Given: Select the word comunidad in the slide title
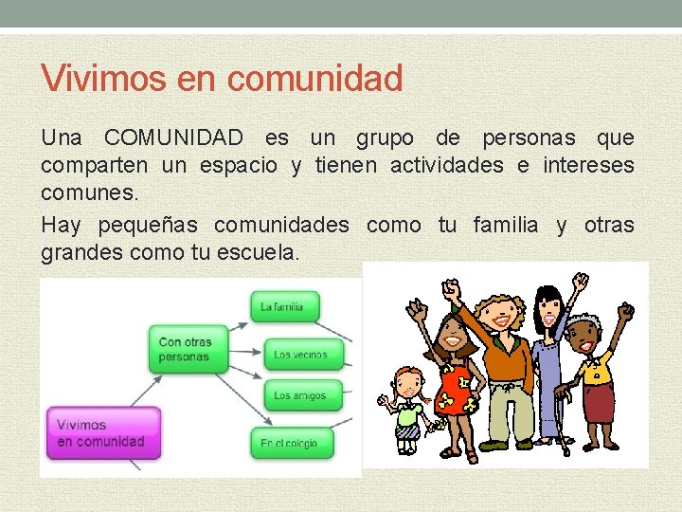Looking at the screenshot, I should [315, 78].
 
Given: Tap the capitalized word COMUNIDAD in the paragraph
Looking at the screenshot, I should [173, 138].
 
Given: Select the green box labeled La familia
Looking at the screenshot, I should [284, 306].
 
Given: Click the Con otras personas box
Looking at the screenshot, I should [186, 349].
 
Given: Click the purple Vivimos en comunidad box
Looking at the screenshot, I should [102, 433].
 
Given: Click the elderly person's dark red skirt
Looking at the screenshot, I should [599, 403].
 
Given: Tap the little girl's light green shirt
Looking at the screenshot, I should [409, 412].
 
